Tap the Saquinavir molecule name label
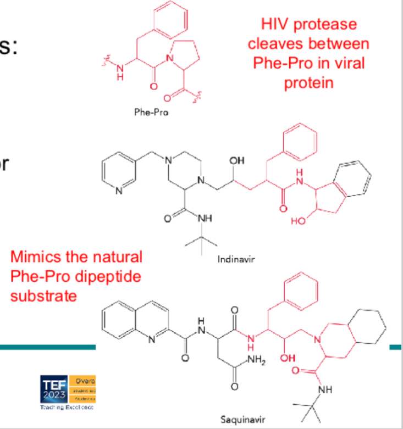[243, 420]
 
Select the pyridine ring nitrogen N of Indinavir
[120, 192]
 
